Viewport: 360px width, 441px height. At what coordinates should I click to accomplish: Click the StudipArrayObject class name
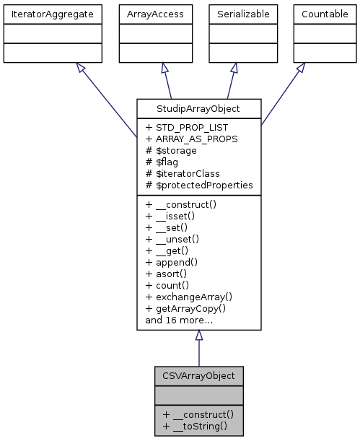(198, 110)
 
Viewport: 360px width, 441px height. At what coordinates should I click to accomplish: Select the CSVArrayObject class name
(198, 376)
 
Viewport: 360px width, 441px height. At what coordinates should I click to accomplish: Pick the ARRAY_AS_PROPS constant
(191, 139)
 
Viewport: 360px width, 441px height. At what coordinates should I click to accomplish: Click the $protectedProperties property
(199, 185)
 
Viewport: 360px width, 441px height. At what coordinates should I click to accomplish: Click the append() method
(175, 261)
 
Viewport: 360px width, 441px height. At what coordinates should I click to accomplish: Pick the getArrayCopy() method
(189, 307)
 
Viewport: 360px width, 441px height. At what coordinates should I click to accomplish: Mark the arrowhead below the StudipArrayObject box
(199, 336)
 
